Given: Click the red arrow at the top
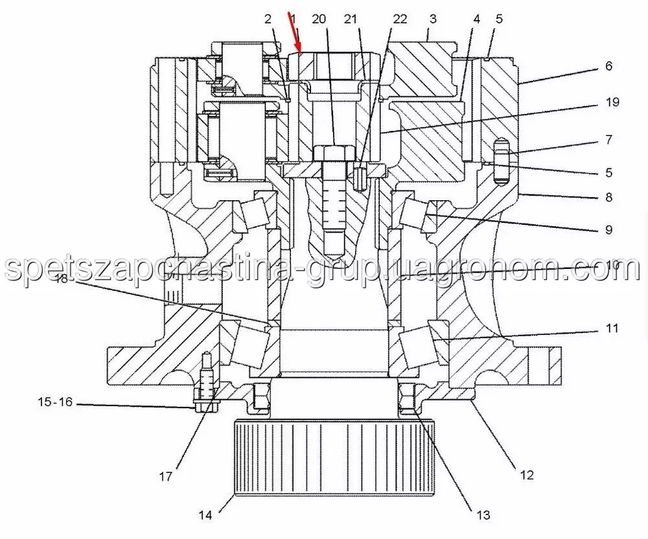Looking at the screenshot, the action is tap(296, 34).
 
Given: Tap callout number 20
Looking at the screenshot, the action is tap(319, 19).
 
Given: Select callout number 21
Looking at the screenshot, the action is tap(351, 19).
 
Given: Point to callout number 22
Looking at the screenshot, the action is tap(400, 19).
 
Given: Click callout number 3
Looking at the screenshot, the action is tap(433, 19).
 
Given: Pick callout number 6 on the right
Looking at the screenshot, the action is tap(608, 65).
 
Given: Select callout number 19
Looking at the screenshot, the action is tap(612, 102).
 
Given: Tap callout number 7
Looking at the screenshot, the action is tap(608, 139).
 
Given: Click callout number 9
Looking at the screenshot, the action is tap(608, 229).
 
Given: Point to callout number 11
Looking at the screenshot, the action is tap(612, 328).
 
